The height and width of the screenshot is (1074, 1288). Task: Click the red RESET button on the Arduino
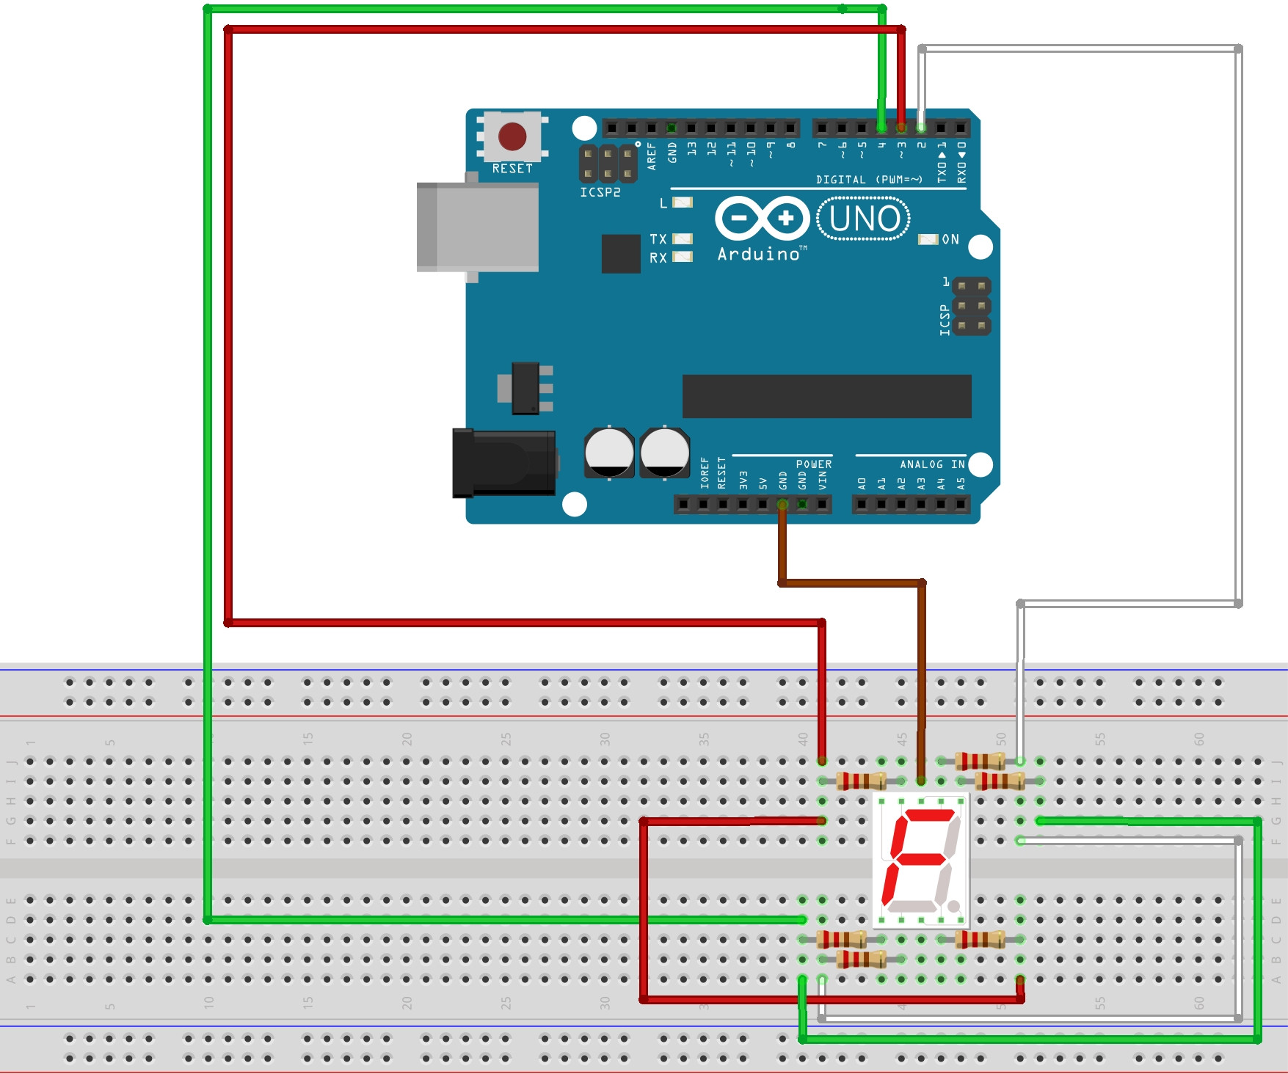point(512,136)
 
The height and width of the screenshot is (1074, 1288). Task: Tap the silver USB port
point(477,227)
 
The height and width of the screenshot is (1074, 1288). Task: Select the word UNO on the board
point(865,219)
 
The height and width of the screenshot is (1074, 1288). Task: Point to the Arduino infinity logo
point(762,218)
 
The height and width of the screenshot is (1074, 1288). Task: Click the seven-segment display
point(921,858)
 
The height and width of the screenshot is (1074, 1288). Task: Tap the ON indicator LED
point(928,240)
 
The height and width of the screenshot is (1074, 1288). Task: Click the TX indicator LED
point(683,239)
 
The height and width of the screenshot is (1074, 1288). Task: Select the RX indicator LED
point(683,257)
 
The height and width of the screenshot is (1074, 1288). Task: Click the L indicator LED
point(683,202)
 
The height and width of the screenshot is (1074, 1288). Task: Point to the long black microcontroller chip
point(826,396)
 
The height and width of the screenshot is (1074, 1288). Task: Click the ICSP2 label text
point(600,192)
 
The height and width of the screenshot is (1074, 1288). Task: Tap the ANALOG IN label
point(932,464)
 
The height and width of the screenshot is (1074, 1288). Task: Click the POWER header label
point(814,464)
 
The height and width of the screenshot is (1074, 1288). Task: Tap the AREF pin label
point(652,156)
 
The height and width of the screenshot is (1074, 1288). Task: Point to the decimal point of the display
point(953,907)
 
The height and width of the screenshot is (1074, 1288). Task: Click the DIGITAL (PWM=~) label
point(869,180)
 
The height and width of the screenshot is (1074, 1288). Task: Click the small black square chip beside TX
point(621,254)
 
